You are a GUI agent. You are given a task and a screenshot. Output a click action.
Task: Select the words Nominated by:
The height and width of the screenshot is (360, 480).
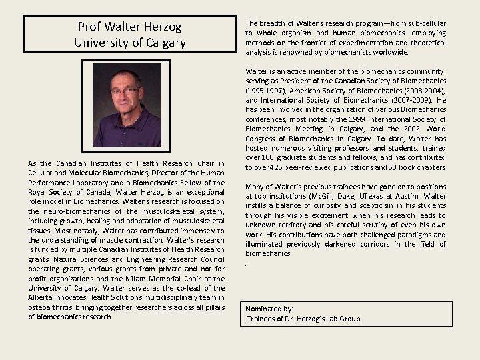(x=269, y=309)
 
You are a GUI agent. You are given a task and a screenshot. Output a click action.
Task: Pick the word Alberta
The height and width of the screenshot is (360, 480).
(x=41, y=297)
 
